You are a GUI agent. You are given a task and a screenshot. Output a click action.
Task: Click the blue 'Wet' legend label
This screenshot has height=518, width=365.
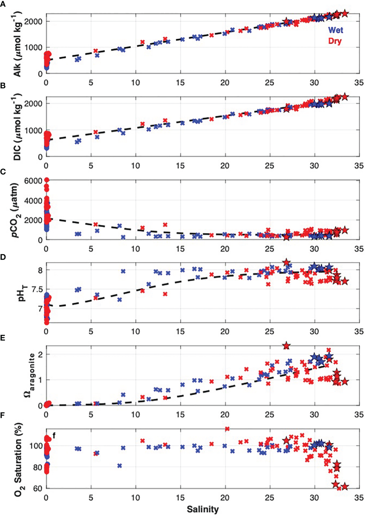335,30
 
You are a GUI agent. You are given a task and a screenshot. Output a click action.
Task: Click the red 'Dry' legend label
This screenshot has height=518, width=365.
335,41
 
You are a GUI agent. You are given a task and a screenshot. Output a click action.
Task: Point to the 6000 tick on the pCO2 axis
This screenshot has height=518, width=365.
33,181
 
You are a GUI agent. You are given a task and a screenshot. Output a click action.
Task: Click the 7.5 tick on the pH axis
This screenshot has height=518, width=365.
36,289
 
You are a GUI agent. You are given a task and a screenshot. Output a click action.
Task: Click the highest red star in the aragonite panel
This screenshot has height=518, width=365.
286,346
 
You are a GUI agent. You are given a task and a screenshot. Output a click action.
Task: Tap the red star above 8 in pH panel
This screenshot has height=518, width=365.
286,262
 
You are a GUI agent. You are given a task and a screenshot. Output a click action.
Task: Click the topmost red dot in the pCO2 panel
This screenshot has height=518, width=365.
47,180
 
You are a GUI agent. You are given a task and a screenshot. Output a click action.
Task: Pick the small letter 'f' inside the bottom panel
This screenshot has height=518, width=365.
54,436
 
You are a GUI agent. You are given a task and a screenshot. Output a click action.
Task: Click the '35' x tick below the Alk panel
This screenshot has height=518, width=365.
359,83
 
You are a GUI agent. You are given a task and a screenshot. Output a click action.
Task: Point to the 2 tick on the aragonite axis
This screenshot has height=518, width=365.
40,354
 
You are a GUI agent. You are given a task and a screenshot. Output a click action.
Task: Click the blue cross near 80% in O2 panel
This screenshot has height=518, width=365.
120,466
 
